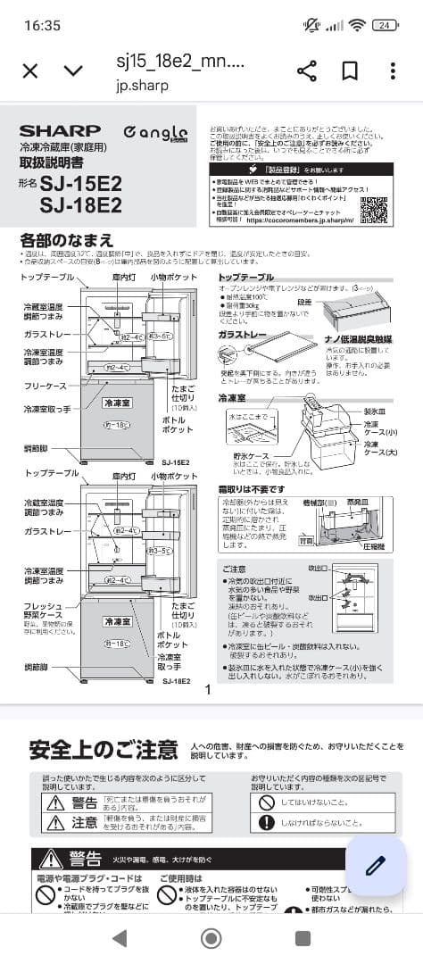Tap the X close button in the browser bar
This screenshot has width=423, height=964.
(29, 71)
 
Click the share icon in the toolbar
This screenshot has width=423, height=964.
(306, 71)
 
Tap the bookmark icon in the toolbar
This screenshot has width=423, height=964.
(351, 71)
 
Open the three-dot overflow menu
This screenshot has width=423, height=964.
(393, 71)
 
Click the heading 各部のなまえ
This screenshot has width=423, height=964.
(67, 240)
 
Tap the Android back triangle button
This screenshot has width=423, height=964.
(119, 937)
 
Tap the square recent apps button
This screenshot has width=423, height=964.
(303, 937)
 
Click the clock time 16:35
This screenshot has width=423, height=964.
(43, 25)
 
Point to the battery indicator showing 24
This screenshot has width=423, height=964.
(385, 25)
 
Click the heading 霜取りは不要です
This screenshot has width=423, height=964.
(252, 489)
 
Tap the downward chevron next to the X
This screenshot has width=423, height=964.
(74, 71)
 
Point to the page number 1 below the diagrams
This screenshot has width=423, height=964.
(208, 689)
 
